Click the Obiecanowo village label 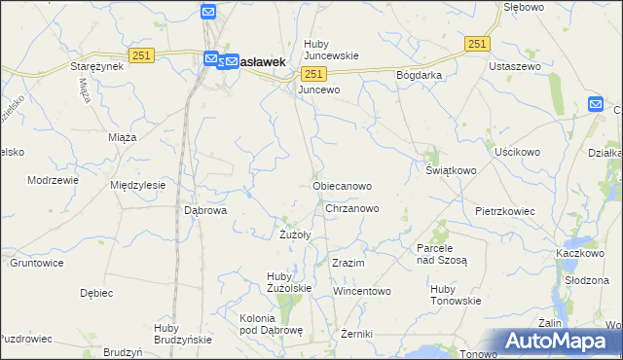[342, 185]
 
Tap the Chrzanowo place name [352, 208]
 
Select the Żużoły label [294, 234]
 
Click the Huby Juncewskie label [331, 50]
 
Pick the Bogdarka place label [419, 75]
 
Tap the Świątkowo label [451, 170]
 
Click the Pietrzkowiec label [507, 210]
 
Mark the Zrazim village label [348, 264]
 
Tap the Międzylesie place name [138, 184]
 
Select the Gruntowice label [37, 263]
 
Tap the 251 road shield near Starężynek [140, 57]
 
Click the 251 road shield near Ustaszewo [477, 44]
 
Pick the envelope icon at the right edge [596, 105]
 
